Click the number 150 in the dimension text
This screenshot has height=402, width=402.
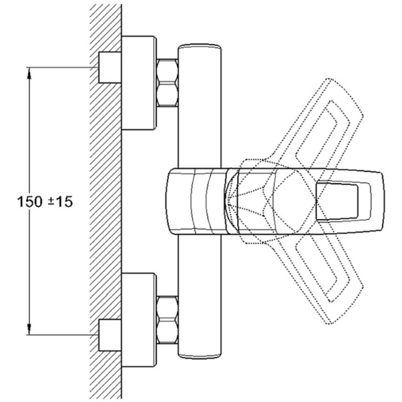click(30, 202)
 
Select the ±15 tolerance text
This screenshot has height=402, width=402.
click(60, 202)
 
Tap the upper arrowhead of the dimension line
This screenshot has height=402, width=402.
click(29, 72)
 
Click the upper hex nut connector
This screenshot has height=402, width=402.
click(167, 82)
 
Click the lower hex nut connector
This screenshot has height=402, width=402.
click(167, 320)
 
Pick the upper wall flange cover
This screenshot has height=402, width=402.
click(139, 83)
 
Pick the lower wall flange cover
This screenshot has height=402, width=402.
click(139, 320)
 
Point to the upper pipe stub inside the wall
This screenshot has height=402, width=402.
click(110, 67)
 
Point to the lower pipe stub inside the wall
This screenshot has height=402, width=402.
click(110, 335)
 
